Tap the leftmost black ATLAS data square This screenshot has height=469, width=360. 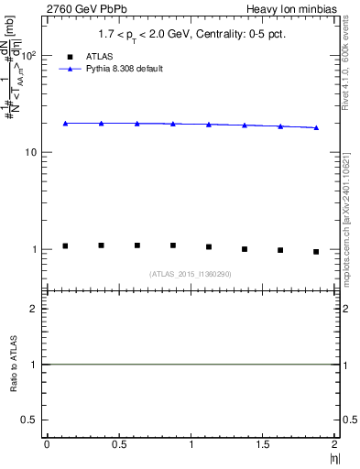click(x=65, y=245)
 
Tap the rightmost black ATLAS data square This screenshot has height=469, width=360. click(x=316, y=251)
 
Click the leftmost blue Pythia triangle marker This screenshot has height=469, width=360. click(x=65, y=123)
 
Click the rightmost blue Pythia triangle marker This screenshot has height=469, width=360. click(x=316, y=127)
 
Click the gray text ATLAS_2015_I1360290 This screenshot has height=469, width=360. click(x=191, y=274)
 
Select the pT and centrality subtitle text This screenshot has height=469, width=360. click(x=190, y=35)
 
